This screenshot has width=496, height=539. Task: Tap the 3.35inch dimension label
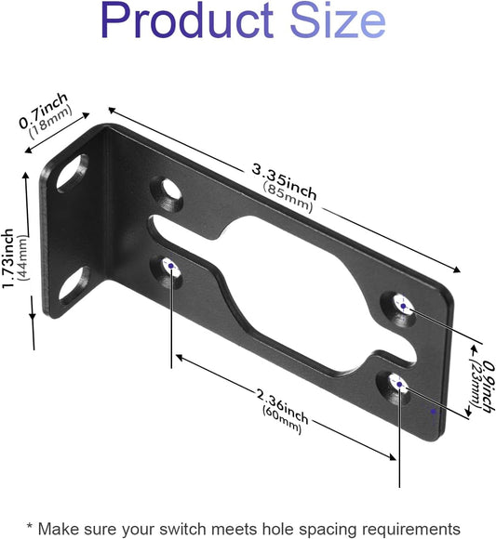(286, 180)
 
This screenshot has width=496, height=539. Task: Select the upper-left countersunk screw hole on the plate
(169, 191)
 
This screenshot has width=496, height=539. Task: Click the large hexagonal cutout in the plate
(288, 279)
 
